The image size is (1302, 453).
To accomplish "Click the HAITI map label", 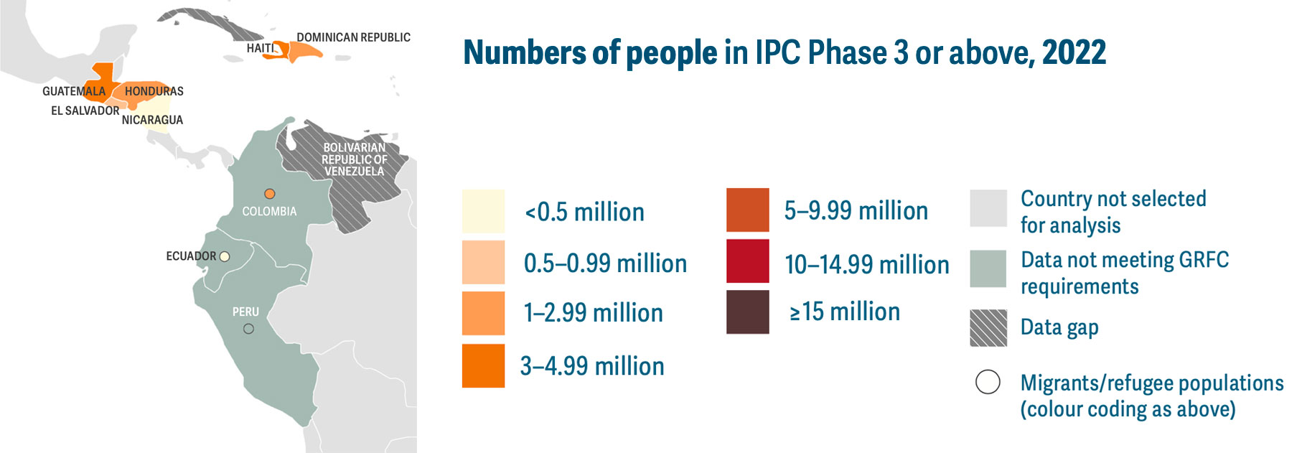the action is (x=261, y=48).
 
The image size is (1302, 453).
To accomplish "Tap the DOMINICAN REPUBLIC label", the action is (x=354, y=37).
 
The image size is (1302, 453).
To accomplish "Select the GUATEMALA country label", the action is (x=74, y=91).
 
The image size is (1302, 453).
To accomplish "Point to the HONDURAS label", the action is (x=154, y=91).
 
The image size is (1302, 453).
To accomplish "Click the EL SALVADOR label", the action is (x=85, y=111).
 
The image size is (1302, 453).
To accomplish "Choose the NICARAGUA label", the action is (x=152, y=120).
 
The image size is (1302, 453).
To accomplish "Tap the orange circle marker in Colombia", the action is (x=270, y=194).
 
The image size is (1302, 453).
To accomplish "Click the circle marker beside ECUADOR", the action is (x=225, y=256).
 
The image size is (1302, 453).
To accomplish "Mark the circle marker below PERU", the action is (x=248, y=329).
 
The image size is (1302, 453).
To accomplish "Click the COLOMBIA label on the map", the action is (x=269, y=211).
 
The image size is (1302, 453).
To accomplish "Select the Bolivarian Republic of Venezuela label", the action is (x=355, y=159).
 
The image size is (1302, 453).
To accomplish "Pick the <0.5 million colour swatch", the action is (x=483, y=211).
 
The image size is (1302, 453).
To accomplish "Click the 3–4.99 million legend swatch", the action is (x=483, y=366).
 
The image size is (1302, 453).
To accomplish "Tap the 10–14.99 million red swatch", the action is (x=748, y=261).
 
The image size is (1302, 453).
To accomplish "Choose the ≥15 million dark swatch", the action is (x=748, y=312).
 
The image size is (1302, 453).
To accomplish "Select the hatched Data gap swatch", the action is (x=988, y=328).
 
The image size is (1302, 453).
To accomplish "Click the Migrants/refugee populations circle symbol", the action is (x=988, y=382).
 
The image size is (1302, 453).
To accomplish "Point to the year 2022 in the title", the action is (x=1074, y=52).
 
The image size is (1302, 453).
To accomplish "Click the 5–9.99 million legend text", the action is (x=856, y=210).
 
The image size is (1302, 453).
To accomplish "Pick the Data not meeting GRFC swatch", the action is (x=988, y=268).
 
